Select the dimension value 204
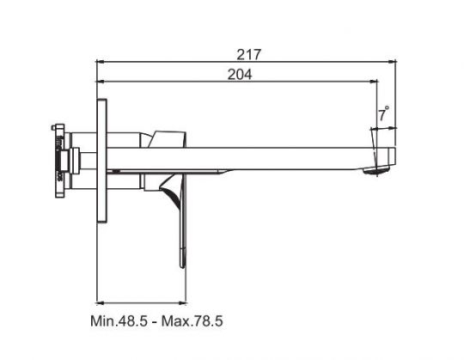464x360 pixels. coord(239,75)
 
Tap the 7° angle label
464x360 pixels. coord(383,113)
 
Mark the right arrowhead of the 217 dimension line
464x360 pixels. coord(395,62)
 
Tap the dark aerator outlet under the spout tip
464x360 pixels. coord(375,172)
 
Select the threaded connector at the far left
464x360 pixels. coord(58,158)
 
